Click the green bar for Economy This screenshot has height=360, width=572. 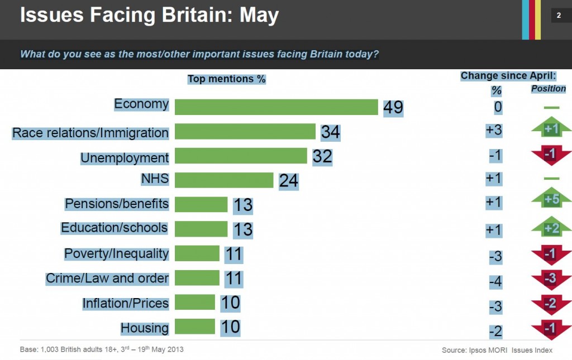pos(277,107)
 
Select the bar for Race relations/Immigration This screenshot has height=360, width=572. pos(245,132)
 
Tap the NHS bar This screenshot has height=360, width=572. pos(223,180)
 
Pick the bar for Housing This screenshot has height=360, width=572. pos(194,327)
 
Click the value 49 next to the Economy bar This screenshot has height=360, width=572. pos(393,107)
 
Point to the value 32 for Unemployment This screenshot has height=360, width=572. pos(322,156)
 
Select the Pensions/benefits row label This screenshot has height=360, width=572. pos(117,204)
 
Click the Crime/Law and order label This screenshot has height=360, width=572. pos(107,278)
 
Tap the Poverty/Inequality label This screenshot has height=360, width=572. pos(116,253)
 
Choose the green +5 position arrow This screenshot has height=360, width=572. pos(551,200)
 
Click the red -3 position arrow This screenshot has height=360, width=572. pos(551,279)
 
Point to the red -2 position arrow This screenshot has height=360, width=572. pos(551,304)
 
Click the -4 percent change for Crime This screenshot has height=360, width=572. pos(495,282)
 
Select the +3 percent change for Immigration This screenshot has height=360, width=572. pos(494,131)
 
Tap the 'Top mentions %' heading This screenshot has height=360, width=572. pos(226,79)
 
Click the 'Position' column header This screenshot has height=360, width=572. pos(548,89)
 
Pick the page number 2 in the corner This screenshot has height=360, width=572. pos(559,15)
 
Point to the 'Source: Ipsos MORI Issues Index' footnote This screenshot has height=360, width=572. pos(497,350)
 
